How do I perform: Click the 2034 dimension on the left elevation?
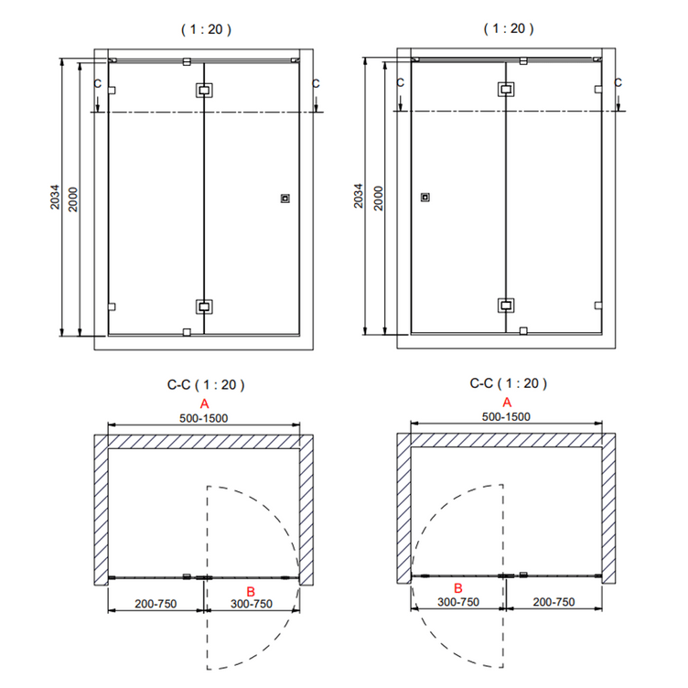54,197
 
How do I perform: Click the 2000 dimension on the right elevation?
378,199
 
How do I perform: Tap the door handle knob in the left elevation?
285,199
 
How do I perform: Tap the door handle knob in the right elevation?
425,198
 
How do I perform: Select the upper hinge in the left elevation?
204,91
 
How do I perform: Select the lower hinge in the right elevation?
506,306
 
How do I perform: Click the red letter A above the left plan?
204,403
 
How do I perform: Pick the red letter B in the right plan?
458,588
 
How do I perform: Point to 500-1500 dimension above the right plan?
506,417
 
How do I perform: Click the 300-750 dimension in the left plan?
252,604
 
